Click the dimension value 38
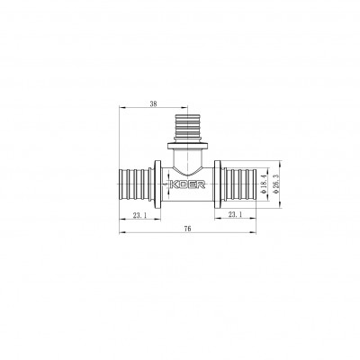pos(154,104)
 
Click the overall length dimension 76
pos(186,229)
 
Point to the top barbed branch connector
pos(187,125)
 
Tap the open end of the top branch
pos(187,112)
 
